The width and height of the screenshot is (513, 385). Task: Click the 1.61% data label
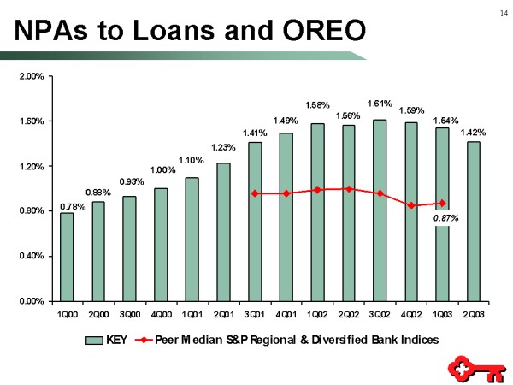[380, 104]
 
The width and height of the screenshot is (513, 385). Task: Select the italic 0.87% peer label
[445, 218]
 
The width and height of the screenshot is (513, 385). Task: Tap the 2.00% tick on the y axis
[32, 77]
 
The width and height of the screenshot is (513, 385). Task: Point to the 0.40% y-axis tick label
[32, 256]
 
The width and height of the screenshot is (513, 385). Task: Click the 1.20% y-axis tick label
[32, 166]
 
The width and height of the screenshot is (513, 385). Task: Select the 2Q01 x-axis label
[223, 313]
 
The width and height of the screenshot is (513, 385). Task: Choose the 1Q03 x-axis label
[442, 313]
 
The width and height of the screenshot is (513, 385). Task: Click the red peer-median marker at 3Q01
[255, 193]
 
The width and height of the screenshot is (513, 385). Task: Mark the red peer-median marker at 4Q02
[411, 205]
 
